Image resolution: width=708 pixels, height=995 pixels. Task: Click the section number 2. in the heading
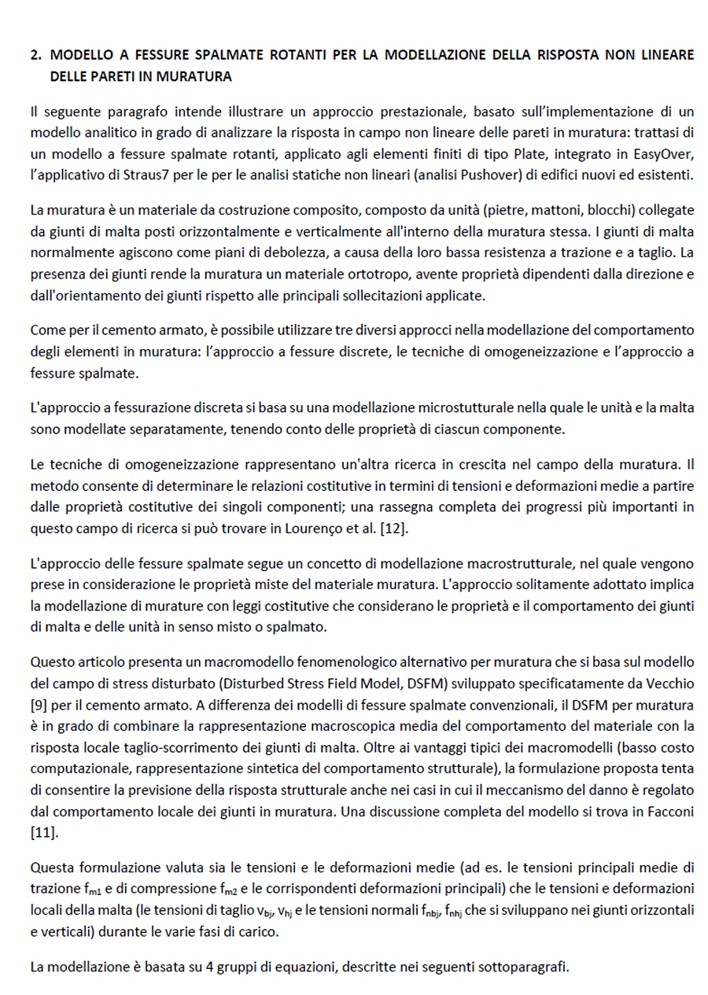click(35, 55)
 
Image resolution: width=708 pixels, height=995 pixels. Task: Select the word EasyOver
click(662, 153)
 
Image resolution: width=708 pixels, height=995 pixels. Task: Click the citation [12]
click(393, 529)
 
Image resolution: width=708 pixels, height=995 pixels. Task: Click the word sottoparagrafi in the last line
click(525, 967)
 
